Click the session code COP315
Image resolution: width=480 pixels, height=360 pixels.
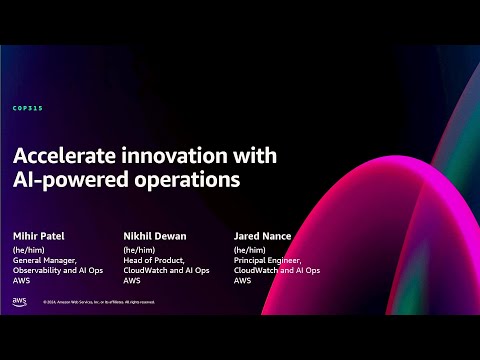click(28, 108)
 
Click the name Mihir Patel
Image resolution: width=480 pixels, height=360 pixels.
click(38, 236)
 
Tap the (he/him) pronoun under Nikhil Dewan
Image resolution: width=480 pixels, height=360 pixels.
click(138, 249)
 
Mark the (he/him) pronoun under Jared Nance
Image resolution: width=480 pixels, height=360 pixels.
click(250, 249)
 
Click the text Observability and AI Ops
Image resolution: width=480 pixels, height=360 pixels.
click(58, 270)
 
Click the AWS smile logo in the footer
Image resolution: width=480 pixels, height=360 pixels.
click(20, 301)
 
